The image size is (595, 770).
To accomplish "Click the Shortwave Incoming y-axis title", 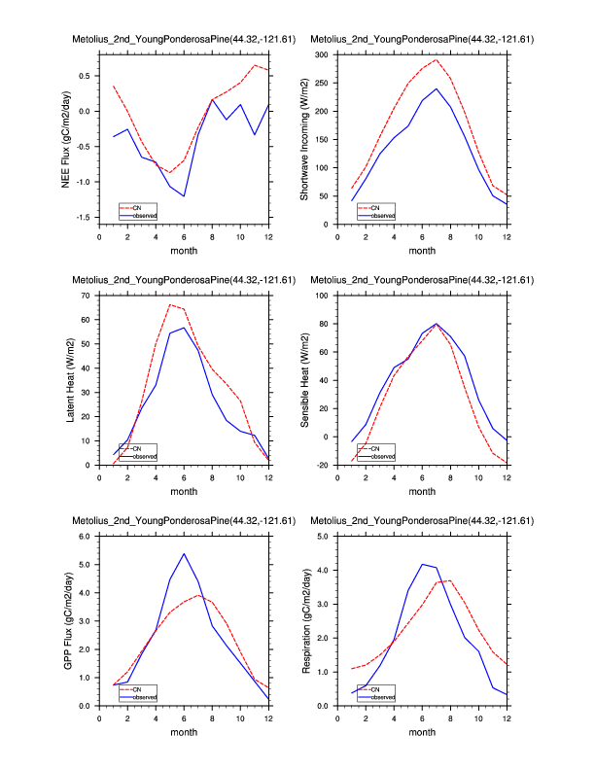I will pyautogui.click(x=305, y=139).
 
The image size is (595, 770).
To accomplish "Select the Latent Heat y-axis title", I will pyautogui.click(x=68, y=380).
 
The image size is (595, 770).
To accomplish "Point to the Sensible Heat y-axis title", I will pyautogui.click(x=305, y=380).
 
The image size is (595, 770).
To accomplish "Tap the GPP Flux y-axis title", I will pyautogui.click(x=68, y=621).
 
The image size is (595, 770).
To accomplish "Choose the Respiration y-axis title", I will pyautogui.click(x=305, y=621).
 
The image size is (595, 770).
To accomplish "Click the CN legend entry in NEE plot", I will pyautogui.click(x=136, y=207).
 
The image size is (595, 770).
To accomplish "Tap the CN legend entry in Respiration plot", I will pyautogui.click(x=373, y=689).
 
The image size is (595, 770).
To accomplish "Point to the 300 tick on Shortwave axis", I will pyautogui.click(x=320, y=55).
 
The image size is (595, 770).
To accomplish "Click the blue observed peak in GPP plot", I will pyautogui.click(x=184, y=554).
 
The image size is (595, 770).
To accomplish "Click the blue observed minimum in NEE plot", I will pyautogui.click(x=184, y=196).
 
